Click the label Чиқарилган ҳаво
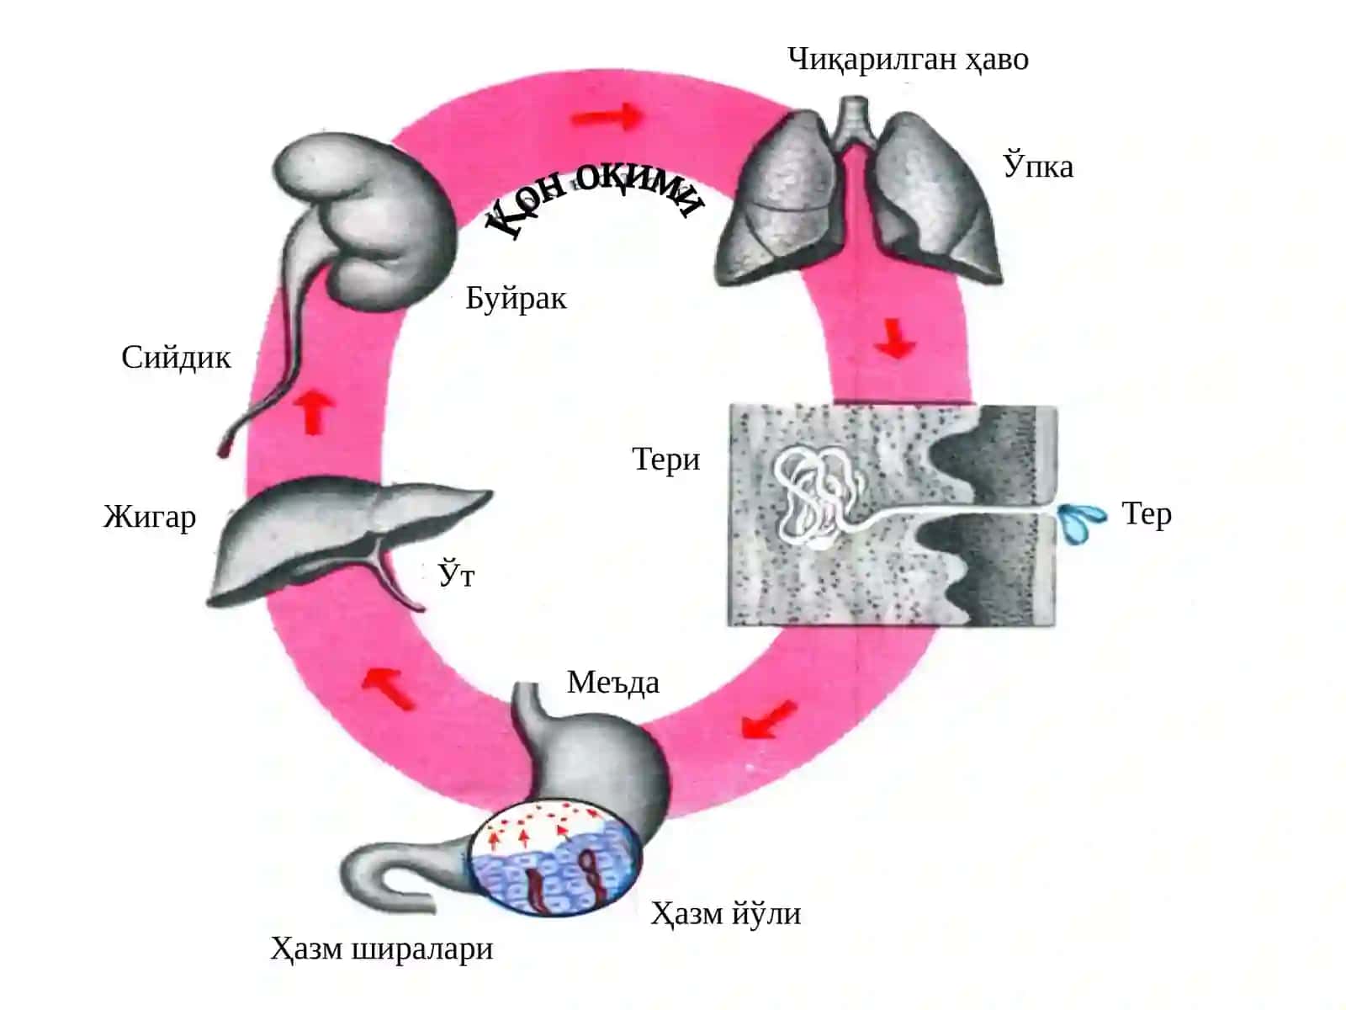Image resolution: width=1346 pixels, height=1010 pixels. pyautogui.click(x=908, y=61)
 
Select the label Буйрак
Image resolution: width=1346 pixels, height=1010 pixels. pyautogui.click(x=516, y=298)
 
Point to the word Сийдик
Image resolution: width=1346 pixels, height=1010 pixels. pyautogui.click(x=176, y=357)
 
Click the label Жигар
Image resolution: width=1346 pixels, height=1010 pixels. pyautogui.click(x=150, y=516)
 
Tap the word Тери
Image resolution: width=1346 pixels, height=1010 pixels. pyautogui.click(x=665, y=460)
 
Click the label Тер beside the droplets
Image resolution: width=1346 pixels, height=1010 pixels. pyautogui.click(x=1146, y=514)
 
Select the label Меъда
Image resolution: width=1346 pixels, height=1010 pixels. pyautogui.click(x=612, y=681)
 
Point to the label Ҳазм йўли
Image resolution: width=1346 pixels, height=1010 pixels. pyautogui.click(x=725, y=914)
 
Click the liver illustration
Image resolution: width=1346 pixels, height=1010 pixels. pyautogui.click(x=343, y=540)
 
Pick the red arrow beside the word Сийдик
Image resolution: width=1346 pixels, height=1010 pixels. pyautogui.click(x=313, y=412)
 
